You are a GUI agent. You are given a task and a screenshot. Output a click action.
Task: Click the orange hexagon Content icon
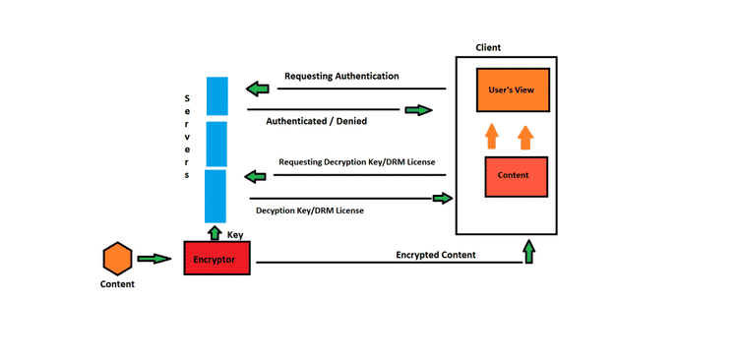[117, 260]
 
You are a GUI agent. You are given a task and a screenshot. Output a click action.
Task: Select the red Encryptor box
[217, 258]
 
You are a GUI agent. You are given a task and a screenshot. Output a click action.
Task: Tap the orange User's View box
[510, 90]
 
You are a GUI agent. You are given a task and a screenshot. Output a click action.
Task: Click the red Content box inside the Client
[515, 176]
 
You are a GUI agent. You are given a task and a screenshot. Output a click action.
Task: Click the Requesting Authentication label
[341, 76]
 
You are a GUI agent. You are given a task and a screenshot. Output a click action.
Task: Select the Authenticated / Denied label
[317, 122]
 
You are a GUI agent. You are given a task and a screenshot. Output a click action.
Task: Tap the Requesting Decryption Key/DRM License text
[356, 161]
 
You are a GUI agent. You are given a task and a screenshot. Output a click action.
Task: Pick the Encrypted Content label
[436, 255]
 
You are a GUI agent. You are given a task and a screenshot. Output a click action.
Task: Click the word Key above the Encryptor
[235, 235]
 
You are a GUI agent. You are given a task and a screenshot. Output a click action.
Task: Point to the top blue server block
[216, 96]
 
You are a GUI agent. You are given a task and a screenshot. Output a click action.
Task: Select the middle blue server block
[216, 143]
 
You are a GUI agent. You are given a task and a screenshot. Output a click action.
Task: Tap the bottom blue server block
[216, 196]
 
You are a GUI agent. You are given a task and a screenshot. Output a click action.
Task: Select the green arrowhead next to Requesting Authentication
[258, 90]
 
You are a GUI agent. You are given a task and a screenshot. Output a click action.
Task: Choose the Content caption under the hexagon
[117, 284]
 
